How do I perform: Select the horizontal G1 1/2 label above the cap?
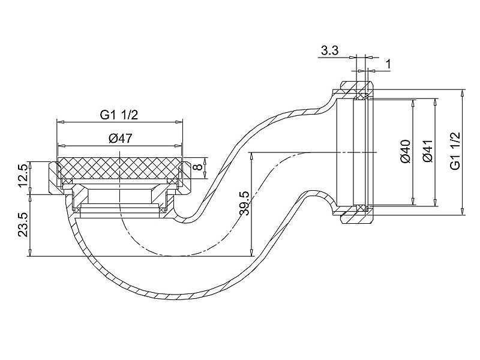pos(119,115)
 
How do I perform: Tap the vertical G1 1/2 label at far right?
pos(455,151)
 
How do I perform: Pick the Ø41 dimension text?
pos(427,151)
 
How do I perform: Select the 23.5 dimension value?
pos(23,224)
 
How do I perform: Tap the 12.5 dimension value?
pos(23,176)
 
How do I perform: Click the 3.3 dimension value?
pos(329,50)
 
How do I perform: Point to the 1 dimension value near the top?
pos(388,65)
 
